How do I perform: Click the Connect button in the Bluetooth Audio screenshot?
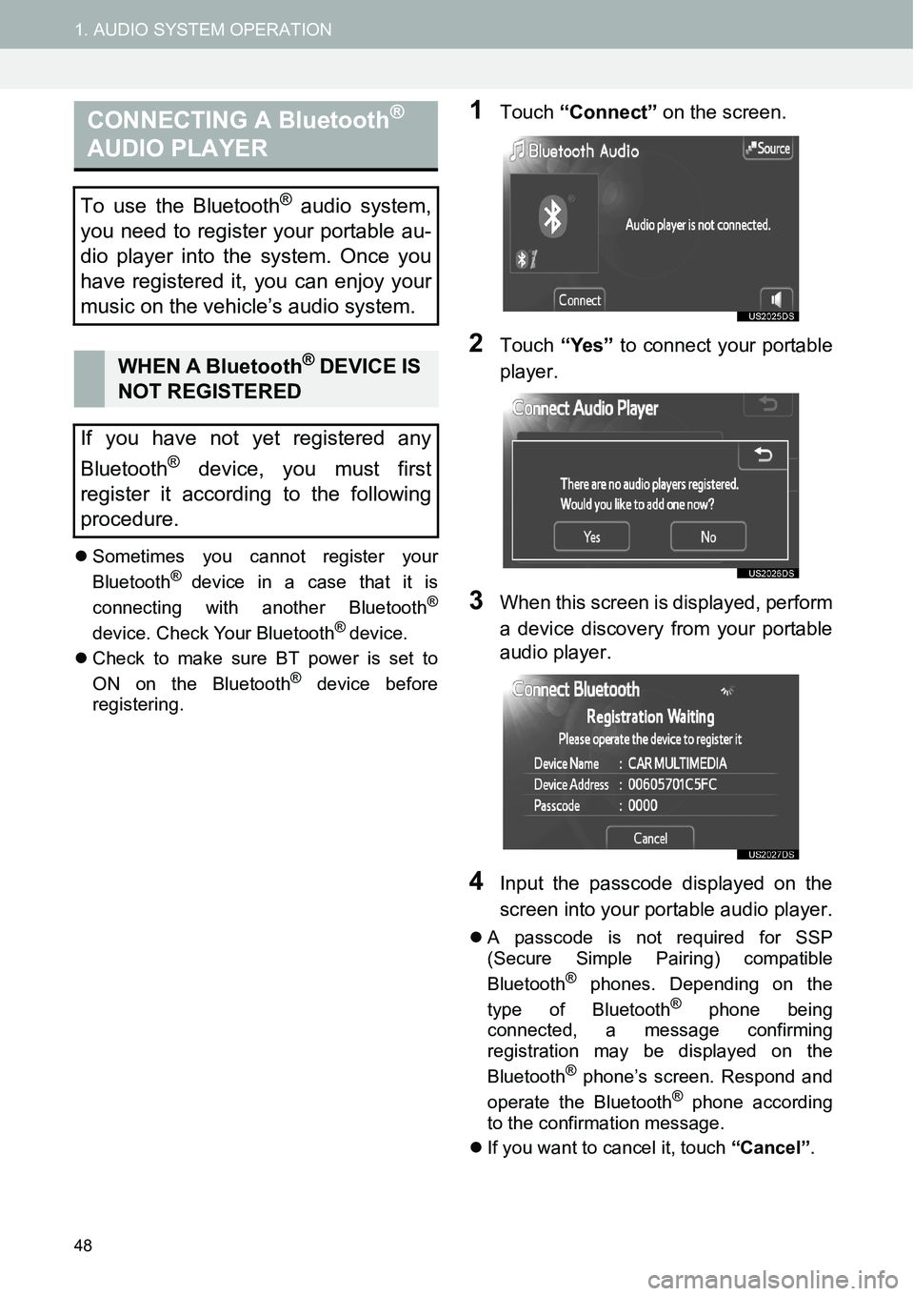(579, 300)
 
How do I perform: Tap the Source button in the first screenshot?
(767, 149)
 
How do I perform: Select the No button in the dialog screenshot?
(708, 537)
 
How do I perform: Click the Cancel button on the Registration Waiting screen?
(650, 839)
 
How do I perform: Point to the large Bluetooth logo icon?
(553, 218)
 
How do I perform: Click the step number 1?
(478, 111)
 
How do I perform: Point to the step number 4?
(477, 881)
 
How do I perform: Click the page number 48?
(84, 1245)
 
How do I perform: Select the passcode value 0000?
(643, 805)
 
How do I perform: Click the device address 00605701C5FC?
(672, 784)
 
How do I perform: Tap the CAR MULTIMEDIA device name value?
(677, 763)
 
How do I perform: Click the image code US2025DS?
(771, 316)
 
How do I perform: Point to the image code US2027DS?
(771, 855)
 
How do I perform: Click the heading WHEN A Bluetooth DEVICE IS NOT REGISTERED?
(268, 378)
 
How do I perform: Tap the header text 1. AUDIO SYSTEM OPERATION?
(204, 30)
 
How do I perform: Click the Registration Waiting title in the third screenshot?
(650, 717)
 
